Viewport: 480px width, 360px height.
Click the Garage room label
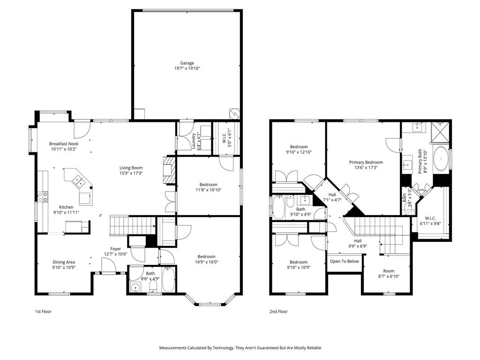pyautogui.click(x=187, y=63)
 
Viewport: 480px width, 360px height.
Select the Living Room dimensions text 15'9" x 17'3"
pyautogui.click(x=131, y=173)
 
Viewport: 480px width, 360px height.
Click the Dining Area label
pyautogui.click(x=63, y=262)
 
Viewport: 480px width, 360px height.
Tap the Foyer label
pyautogui.click(x=115, y=249)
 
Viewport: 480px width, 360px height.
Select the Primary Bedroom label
pyautogui.click(x=366, y=162)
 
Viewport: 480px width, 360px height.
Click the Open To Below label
pyautogui.click(x=344, y=261)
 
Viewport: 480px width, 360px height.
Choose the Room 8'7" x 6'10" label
pyautogui.click(x=389, y=271)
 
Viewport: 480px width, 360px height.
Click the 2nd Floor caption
pyautogui.click(x=278, y=311)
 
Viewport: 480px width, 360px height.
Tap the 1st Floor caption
pyautogui.click(x=44, y=311)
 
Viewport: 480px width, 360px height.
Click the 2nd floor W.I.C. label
pyautogui.click(x=431, y=218)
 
